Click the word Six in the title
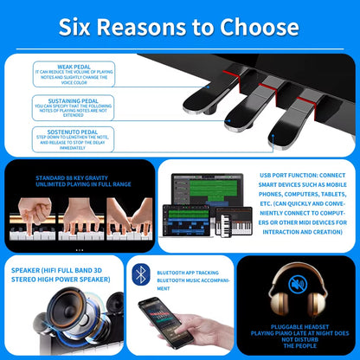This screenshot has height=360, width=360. tap(81, 26)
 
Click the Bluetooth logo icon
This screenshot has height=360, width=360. tap(141, 275)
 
